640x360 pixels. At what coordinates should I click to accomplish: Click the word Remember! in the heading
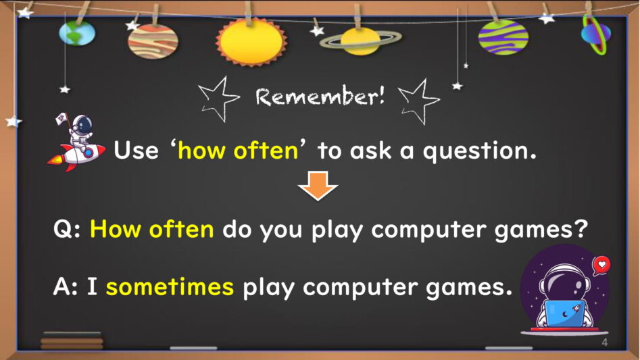[320, 97]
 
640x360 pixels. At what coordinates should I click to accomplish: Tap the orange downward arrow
[318, 186]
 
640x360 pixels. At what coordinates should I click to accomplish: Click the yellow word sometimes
[170, 286]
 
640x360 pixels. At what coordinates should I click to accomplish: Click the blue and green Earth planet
[77, 33]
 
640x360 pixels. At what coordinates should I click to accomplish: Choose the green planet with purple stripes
[503, 37]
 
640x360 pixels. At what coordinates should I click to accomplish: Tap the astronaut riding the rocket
[77, 143]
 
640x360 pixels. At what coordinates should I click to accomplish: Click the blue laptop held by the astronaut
[564, 313]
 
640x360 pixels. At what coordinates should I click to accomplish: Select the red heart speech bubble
[601, 265]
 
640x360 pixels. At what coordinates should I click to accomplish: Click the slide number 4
[604, 342]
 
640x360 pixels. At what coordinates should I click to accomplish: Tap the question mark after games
[580, 229]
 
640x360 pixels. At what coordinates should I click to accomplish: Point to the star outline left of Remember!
[218, 99]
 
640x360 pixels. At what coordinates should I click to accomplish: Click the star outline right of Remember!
[420, 101]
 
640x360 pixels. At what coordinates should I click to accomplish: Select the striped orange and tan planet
[153, 41]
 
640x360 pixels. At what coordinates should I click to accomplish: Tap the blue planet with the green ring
[596, 34]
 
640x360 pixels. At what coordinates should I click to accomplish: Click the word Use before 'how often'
[136, 150]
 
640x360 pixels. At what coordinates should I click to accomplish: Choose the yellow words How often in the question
[152, 229]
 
